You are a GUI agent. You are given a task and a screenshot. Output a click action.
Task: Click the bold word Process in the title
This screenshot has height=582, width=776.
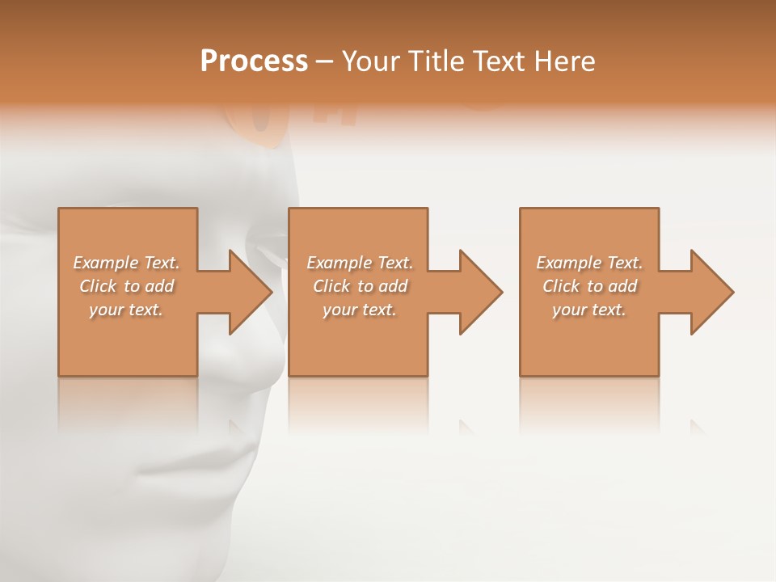254,61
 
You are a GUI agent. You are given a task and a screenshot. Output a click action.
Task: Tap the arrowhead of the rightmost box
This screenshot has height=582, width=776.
711,292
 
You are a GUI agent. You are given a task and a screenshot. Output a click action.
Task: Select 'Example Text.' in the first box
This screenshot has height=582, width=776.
127,263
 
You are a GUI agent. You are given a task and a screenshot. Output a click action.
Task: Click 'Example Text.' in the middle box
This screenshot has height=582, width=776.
360,263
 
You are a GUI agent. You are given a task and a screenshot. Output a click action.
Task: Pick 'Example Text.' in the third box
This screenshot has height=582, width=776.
589,263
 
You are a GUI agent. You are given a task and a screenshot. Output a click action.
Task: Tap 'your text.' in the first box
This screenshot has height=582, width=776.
127,310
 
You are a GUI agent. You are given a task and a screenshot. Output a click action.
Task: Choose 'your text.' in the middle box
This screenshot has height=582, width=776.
360,310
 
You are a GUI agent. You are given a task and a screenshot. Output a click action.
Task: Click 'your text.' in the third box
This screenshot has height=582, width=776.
589,310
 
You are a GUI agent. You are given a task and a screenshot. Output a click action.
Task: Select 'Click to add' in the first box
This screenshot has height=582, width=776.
127,286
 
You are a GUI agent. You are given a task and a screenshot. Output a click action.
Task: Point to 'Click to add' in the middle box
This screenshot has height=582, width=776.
360,286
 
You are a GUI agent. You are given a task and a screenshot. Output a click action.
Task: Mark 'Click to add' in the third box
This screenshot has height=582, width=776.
589,286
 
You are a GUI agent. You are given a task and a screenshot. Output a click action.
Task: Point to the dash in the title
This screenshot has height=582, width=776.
324,62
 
